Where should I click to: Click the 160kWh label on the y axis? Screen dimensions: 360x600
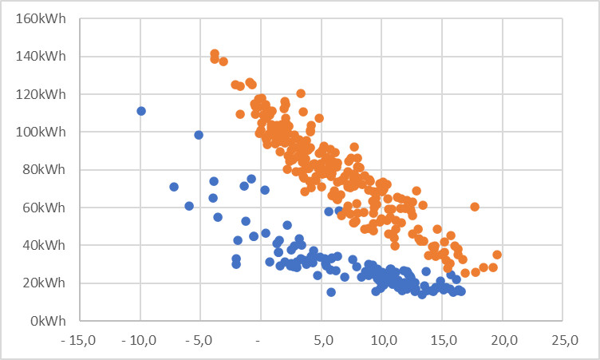coord(43,18)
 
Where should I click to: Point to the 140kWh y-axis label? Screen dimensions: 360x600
coord(43,57)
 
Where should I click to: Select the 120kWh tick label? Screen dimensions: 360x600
coord(43,94)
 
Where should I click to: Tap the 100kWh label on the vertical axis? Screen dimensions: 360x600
coord(43,132)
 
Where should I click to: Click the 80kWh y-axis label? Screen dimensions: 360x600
coord(46,169)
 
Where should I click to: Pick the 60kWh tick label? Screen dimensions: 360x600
coord(46,208)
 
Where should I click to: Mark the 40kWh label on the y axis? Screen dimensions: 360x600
coord(46,245)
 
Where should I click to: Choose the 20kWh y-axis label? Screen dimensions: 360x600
coord(46,283)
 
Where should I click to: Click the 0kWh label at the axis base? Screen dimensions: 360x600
coord(49,321)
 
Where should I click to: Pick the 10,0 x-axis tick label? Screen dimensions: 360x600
coord(382,341)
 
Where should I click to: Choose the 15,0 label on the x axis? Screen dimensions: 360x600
coord(442,341)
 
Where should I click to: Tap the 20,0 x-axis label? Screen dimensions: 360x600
coord(503,341)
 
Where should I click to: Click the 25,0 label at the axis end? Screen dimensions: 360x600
coord(563,341)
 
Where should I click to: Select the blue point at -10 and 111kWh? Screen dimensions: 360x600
coord(141,111)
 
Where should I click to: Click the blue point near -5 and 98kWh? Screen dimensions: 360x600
coord(199,135)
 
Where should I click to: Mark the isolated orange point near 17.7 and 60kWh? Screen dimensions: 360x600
coord(475,207)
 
